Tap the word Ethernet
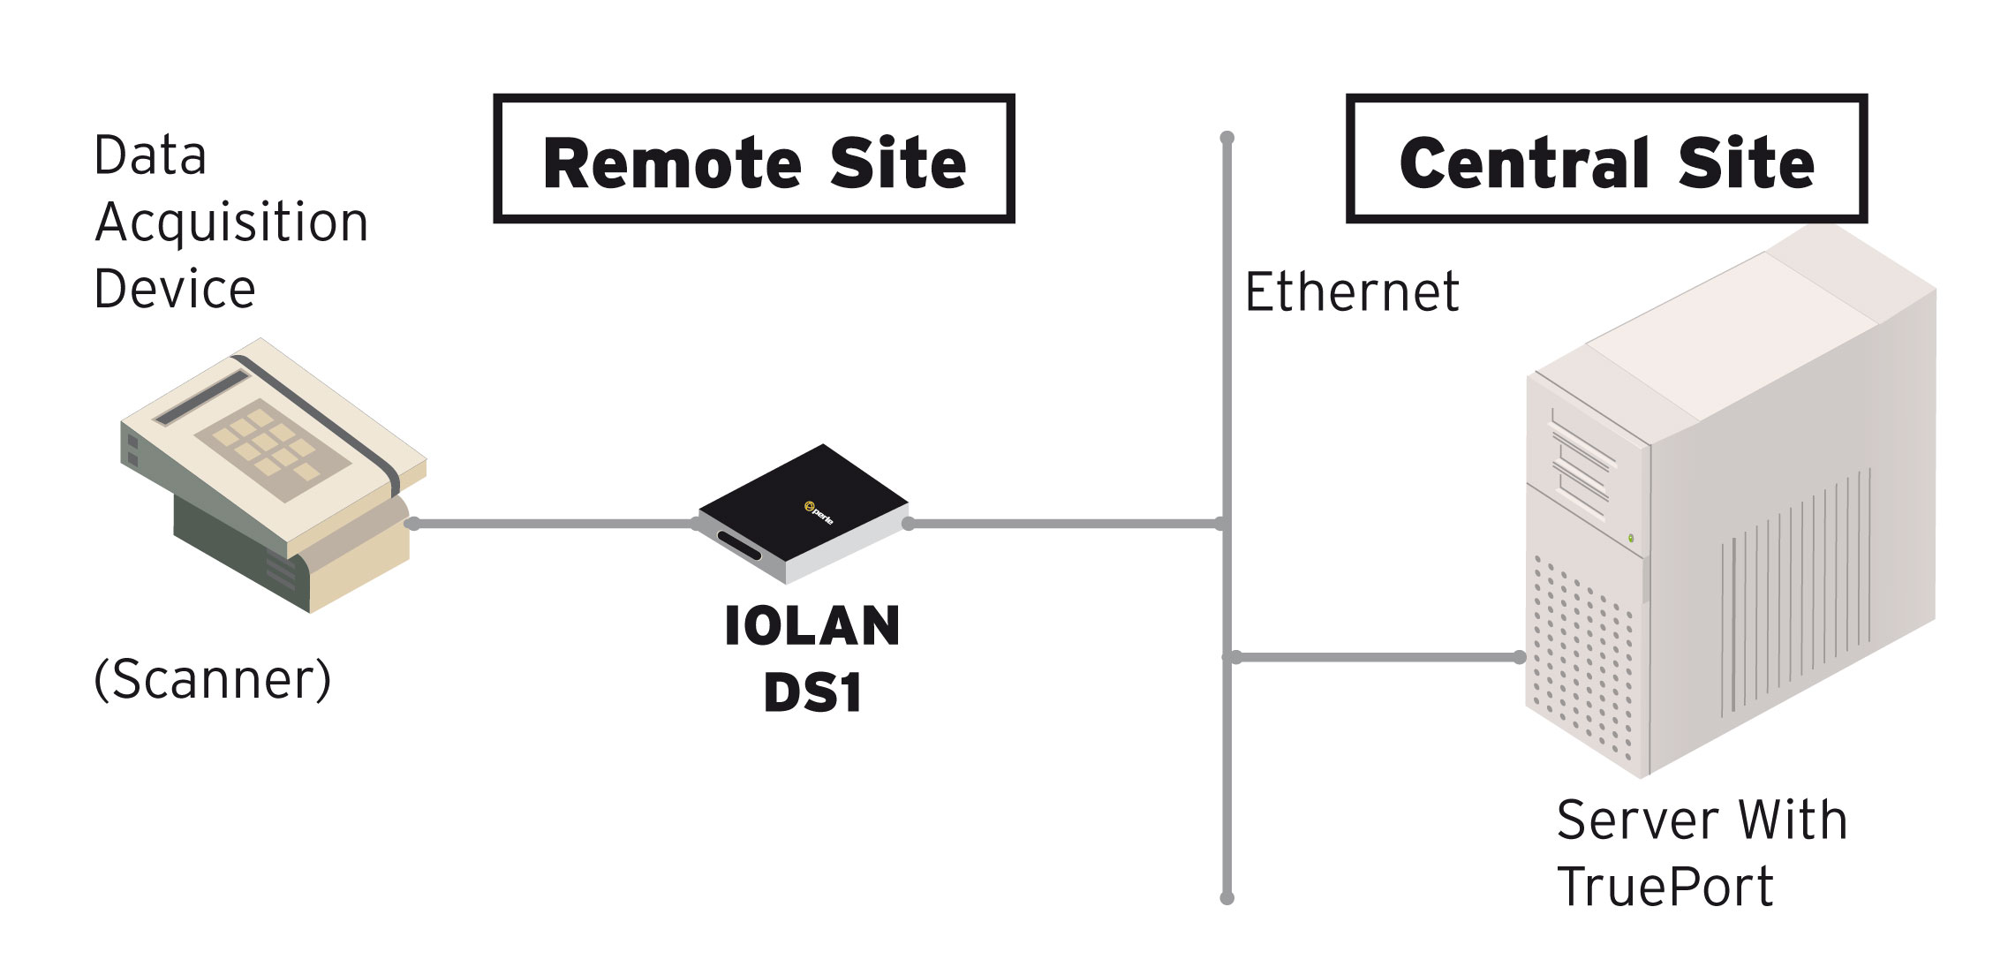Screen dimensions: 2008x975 point(1351,291)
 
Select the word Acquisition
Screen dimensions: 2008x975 point(231,223)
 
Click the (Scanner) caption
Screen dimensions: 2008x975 point(213,679)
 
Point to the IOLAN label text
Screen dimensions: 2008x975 point(812,626)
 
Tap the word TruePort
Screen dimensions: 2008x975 point(1665,887)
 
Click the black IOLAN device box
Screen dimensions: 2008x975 point(804,513)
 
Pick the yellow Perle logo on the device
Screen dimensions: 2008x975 point(810,506)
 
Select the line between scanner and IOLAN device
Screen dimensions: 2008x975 point(554,524)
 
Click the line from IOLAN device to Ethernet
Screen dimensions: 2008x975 point(1065,524)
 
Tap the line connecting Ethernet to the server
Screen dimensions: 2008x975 point(1377,657)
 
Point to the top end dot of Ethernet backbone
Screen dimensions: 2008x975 point(1227,138)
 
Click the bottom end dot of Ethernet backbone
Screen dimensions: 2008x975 point(1227,898)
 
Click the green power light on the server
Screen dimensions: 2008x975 point(1631,538)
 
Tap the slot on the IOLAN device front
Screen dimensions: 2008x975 point(740,546)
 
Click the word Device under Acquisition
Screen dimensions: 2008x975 point(175,290)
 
